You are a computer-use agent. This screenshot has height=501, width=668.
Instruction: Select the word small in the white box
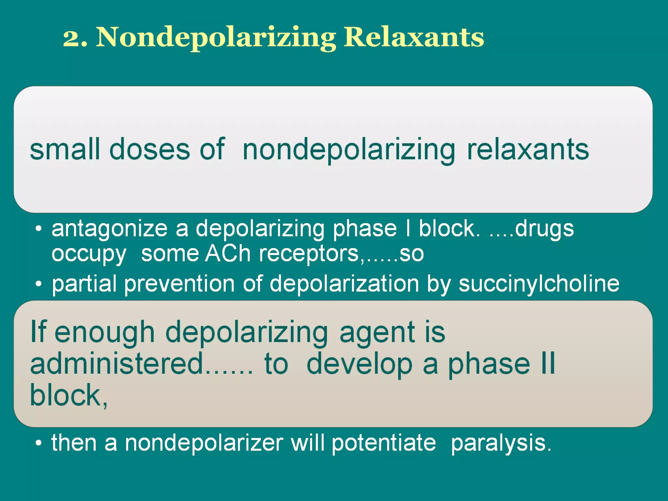[65, 149]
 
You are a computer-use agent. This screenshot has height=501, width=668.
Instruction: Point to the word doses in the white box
[149, 149]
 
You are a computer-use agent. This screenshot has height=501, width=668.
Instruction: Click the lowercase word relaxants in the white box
[528, 149]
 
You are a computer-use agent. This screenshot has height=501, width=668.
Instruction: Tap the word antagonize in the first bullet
[110, 229]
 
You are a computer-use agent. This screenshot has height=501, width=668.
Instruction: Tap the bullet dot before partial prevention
[39, 284]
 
